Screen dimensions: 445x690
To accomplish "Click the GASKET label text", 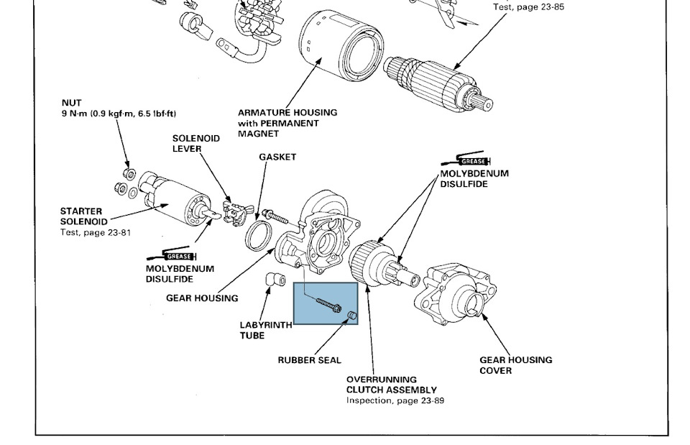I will tap(277, 157).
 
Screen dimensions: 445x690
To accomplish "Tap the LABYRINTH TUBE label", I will tap(266, 330).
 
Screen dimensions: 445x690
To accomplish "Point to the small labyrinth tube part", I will tap(271, 279).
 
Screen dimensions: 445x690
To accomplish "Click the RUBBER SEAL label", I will tap(309, 360).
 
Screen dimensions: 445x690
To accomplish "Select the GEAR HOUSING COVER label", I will tap(516, 365).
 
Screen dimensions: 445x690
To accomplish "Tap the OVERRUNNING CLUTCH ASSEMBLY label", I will tap(392, 385).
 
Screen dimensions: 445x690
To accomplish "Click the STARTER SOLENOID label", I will tap(84, 216).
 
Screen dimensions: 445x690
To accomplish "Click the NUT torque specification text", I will tap(119, 114).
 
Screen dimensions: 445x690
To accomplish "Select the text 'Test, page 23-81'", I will tap(95, 232).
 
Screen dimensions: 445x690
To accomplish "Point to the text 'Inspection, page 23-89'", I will tap(395, 400).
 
